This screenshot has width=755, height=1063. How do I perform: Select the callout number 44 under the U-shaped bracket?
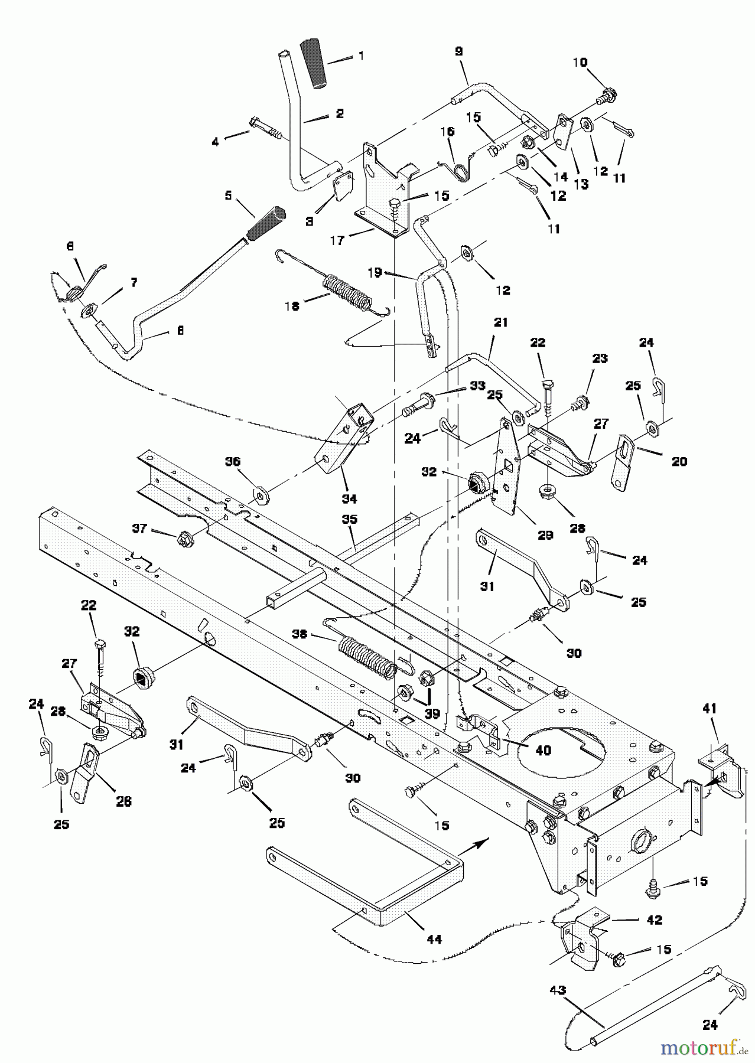434,938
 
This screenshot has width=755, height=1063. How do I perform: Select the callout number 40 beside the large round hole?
544,751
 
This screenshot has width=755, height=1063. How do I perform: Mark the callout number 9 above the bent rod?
459,51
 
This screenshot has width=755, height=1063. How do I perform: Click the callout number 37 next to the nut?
140,529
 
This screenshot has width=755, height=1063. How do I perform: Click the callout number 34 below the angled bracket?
350,498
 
